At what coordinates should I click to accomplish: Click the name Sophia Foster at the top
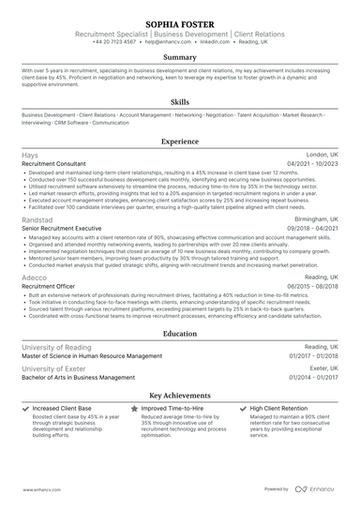click(x=179, y=21)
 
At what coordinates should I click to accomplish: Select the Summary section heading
click(x=179, y=57)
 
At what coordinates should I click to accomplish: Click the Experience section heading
click(x=179, y=142)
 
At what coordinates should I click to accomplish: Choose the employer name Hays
click(x=29, y=155)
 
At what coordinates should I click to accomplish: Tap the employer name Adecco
click(x=35, y=278)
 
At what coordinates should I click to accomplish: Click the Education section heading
click(x=179, y=333)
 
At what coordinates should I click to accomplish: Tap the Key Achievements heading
click(x=179, y=396)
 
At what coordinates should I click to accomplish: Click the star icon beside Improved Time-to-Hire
click(x=134, y=410)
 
